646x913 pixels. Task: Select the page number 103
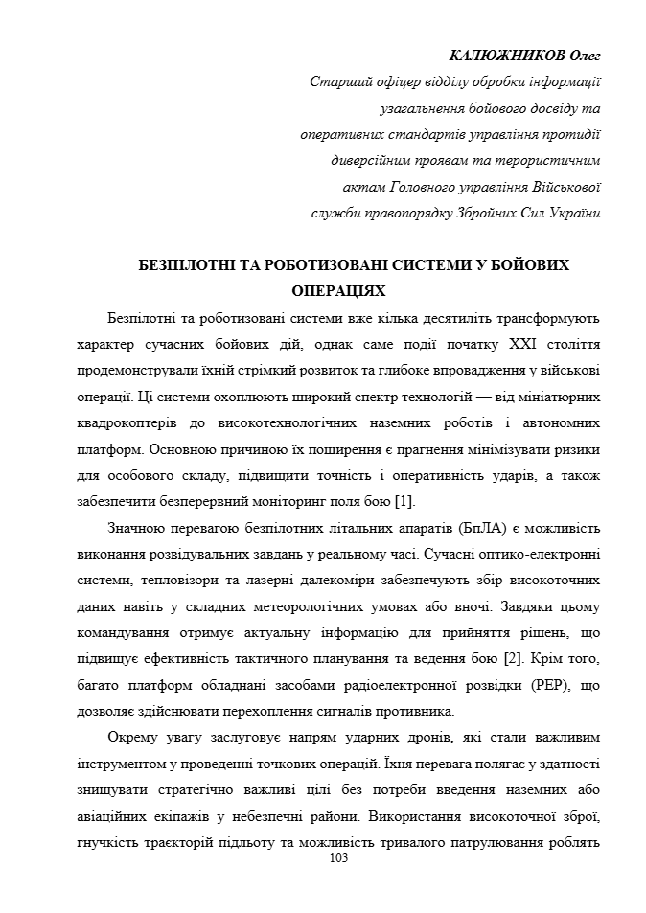[337, 858]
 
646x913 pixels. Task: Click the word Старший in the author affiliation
[338, 82]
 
